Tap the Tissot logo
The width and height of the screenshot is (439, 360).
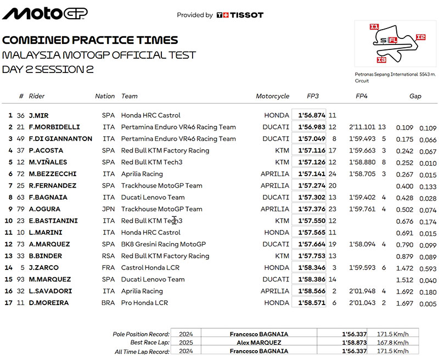[x=240, y=15]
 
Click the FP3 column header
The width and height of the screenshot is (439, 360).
[x=313, y=96]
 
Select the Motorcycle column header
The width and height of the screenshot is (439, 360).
[x=272, y=96]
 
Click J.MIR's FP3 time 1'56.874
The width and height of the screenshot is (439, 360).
[x=312, y=116]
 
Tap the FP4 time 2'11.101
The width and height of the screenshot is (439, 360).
[x=360, y=127]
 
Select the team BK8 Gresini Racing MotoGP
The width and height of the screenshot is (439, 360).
[x=163, y=244]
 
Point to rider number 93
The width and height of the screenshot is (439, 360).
[x=21, y=279]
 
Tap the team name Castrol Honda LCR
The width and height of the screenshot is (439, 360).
[x=150, y=268]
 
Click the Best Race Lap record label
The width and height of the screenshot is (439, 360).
[x=144, y=342]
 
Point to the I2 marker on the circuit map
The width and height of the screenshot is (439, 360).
[x=420, y=37]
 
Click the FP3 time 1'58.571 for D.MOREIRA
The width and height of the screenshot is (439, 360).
[x=312, y=303]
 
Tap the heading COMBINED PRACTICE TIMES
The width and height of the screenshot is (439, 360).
[x=90, y=40]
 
